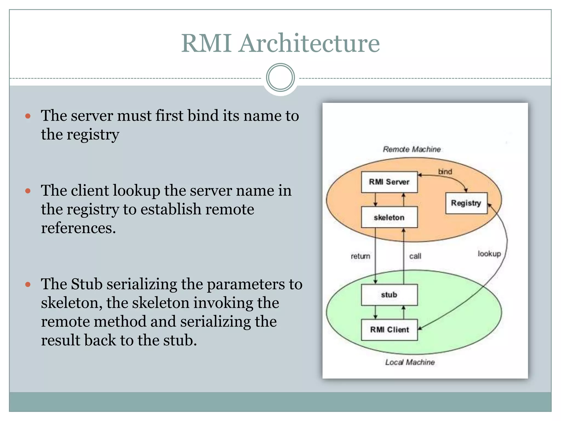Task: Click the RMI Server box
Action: click(389, 182)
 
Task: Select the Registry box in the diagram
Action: click(466, 203)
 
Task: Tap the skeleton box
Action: click(389, 217)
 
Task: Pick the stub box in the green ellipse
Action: click(389, 295)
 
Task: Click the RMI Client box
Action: click(389, 329)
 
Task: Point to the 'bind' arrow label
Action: click(445, 172)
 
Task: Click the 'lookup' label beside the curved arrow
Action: click(489, 254)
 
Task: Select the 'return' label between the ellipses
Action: click(360, 256)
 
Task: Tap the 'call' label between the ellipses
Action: click(415, 256)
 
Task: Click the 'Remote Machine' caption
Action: click(412, 149)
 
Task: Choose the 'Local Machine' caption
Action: click(410, 362)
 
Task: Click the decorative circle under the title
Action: click(280, 78)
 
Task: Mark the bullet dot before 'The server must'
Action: click(28, 116)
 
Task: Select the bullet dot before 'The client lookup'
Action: click(28, 191)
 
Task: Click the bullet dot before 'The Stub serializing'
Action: click(28, 285)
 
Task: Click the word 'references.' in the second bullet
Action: click(78, 228)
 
